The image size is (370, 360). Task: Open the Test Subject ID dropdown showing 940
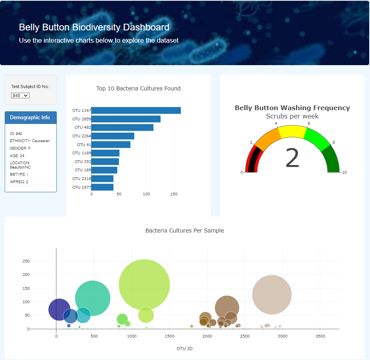(21, 96)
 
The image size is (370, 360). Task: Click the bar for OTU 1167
(136, 111)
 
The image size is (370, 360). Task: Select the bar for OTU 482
(122, 127)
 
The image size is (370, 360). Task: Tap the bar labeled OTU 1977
(102, 187)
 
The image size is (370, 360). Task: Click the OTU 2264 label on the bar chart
(82, 136)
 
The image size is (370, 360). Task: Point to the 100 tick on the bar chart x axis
(146, 194)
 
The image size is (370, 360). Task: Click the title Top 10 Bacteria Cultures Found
(138, 88)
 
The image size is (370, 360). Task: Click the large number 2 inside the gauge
(292, 159)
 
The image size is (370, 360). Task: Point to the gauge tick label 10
(344, 172)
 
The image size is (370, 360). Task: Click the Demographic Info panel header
(30, 118)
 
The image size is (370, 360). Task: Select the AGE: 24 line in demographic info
(17, 156)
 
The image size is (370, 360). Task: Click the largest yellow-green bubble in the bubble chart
(144, 285)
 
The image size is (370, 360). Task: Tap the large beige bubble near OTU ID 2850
(272, 294)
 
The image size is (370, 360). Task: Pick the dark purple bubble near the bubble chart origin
(59, 309)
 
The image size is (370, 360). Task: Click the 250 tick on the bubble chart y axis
(26, 261)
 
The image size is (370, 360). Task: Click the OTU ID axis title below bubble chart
(185, 349)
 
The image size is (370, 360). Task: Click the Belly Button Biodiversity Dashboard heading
(94, 27)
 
